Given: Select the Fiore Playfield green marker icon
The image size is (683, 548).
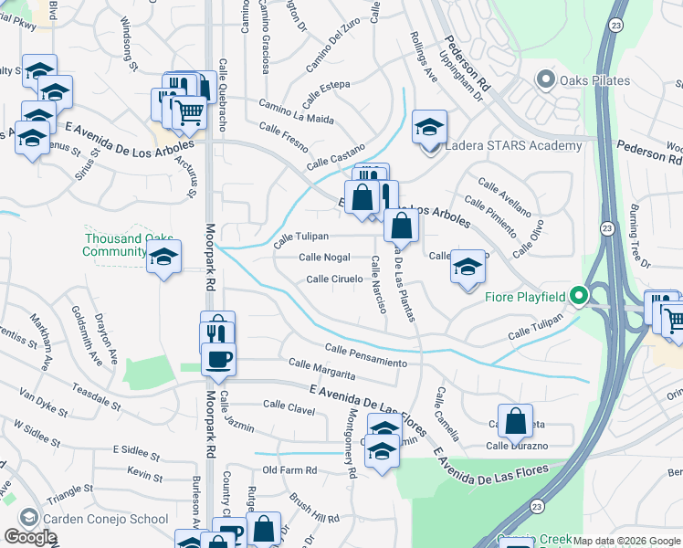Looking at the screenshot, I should pos(578,296).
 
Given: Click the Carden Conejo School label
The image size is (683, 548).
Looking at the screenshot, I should pos(105,519).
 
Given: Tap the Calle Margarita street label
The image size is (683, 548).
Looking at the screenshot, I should pos(321,370).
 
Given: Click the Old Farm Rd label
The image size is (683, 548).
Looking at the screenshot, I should pos(289,470).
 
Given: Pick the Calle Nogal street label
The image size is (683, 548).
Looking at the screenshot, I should pos(324,258).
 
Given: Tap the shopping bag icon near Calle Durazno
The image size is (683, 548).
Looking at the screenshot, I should pos(516,421).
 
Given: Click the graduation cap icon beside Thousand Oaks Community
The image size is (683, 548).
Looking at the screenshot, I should pos(163,257).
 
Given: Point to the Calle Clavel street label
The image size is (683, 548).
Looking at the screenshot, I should pos(289,405).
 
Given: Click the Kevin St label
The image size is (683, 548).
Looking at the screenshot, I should pos(144,475).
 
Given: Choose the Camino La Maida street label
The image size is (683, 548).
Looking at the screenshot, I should pos(296,113).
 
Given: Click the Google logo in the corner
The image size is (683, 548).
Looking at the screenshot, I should pos(29,537).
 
